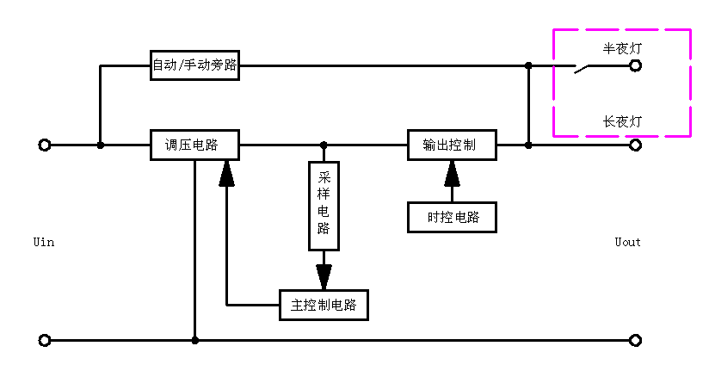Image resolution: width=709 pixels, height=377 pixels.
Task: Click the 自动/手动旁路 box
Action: pos(194,65)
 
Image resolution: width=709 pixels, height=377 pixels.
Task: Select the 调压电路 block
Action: pos(194,145)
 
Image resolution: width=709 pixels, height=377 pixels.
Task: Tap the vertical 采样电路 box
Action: pos(324,205)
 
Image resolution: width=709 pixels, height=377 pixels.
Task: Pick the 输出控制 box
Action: pos(453,145)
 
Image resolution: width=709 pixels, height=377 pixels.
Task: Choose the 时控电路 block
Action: pos(453,218)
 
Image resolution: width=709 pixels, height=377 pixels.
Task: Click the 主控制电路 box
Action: pos(324,305)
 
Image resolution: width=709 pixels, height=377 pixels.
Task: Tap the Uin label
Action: pos(43,242)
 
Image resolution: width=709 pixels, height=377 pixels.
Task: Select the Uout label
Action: pos(627,242)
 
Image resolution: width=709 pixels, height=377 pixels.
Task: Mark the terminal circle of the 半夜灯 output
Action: pos(635,65)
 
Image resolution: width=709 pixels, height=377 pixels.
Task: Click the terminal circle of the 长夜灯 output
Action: pos(635,145)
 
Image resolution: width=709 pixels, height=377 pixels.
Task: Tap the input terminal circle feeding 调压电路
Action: pos(45,145)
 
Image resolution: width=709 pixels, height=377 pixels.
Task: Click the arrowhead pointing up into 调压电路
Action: pos(226,173)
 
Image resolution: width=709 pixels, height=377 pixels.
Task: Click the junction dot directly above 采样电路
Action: pos(324,145)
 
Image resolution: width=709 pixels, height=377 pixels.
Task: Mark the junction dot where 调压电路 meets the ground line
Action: pos(195,340)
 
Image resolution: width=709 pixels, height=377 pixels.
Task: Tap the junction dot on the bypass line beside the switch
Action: pos(528,65)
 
